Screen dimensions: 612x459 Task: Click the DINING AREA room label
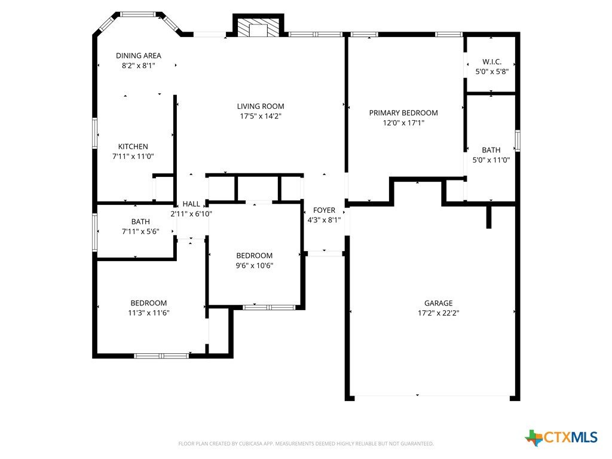(x=139, y=56)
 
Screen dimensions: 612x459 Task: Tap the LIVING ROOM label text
(x=261, y=106)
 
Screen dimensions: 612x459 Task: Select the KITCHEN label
(x=133, y=147)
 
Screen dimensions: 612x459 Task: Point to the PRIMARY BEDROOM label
(x=403, y=113)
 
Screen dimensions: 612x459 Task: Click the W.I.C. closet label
(x=492, y=62)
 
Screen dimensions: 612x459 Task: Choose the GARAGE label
(x=439, y=303)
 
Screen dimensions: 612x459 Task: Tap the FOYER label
(x=325, y=210)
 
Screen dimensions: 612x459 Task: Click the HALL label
(x=191, y=204)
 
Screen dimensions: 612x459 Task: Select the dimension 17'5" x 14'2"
(x=261, y=116)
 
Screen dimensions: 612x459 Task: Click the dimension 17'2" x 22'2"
(x=439, y=313)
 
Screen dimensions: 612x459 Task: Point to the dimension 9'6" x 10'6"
(x=255, y=265)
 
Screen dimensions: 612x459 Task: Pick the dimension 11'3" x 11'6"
(x=149, y=313)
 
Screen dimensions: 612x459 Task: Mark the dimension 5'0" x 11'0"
(x=491, y=160)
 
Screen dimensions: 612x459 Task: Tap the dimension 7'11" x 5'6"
(x=140, y=231)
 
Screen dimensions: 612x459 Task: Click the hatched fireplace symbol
(x=258, y=27)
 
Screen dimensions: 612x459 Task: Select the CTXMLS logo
(x=561, y=437)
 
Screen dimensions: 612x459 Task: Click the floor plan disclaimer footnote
(x=306, y=443)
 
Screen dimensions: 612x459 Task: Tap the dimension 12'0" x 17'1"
(x=403, y=123)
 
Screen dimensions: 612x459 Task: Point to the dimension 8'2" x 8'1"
(x=139, y=66)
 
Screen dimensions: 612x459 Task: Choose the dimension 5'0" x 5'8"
(x=492, y=72)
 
